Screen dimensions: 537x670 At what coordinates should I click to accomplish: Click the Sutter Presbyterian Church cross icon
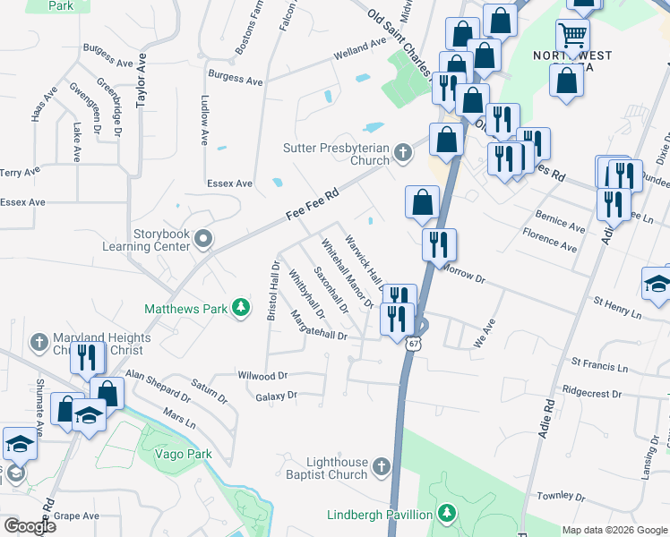(403, 152)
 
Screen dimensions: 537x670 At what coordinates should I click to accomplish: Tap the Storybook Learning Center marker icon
(204, 239)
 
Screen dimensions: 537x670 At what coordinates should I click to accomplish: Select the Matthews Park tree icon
(240, 308)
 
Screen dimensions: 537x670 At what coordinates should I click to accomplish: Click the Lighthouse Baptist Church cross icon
(382, 466)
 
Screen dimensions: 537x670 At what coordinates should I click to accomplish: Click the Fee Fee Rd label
(313, 204)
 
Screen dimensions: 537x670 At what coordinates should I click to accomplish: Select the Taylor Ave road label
(141, 80)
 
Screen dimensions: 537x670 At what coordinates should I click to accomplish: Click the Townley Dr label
(561, 495)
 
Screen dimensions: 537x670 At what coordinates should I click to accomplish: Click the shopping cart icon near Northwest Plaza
(572, 37)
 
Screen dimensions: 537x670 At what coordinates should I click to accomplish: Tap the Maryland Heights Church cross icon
(39, 343)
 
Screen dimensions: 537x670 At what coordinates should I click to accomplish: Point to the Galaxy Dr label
(275, 396)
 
